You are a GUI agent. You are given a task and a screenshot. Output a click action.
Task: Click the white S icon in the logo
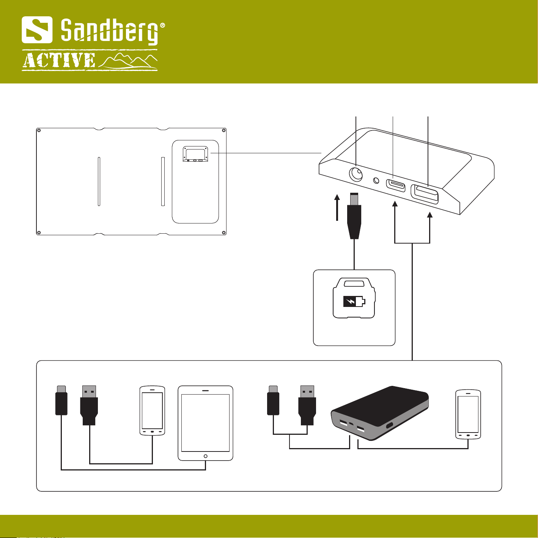click(x=37, y=30)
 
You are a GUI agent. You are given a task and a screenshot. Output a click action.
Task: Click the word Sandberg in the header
click(x=109, y=32)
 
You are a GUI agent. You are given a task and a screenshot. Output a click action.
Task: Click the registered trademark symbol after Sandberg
click(x=162, y=25)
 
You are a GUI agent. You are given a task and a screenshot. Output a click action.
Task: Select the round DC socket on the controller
click(x=356, y=175)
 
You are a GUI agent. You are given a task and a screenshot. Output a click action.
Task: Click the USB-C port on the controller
click(x=396, y=185)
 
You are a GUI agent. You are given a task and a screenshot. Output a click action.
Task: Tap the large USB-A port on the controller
click(x=425, y=194)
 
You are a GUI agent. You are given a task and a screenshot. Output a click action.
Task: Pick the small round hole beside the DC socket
click(x=376, y=181)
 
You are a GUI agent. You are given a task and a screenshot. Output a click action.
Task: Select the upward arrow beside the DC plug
click(x=337, y=208)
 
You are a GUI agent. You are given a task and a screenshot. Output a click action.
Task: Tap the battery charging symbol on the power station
click(x=354, y=301)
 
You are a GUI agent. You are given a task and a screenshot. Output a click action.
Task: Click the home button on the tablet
click(x=206, y=456)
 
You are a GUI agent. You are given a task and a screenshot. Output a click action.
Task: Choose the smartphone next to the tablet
click(x=152, y=411)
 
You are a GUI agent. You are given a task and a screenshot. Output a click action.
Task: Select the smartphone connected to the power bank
click(x=468, y=414)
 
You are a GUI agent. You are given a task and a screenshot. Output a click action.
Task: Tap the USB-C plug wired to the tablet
click(x=61, y=400)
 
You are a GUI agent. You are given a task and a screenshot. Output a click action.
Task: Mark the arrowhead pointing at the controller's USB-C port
click(x=395, y=204)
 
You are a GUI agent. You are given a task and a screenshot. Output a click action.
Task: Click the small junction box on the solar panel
click(x=195, y=154)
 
